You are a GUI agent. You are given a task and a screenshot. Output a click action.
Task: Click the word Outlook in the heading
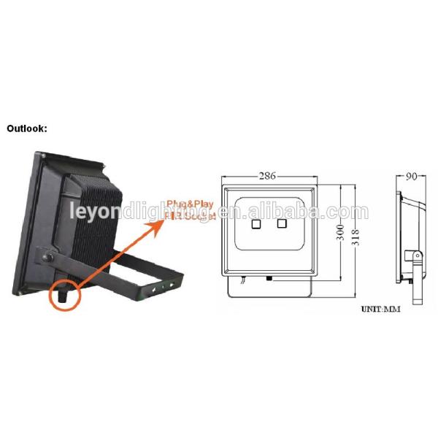(x=26, y=128)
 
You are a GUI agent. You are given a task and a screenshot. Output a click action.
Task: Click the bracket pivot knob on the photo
(x=48, y=258)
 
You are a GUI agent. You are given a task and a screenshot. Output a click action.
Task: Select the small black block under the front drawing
(x=269, y=278)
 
